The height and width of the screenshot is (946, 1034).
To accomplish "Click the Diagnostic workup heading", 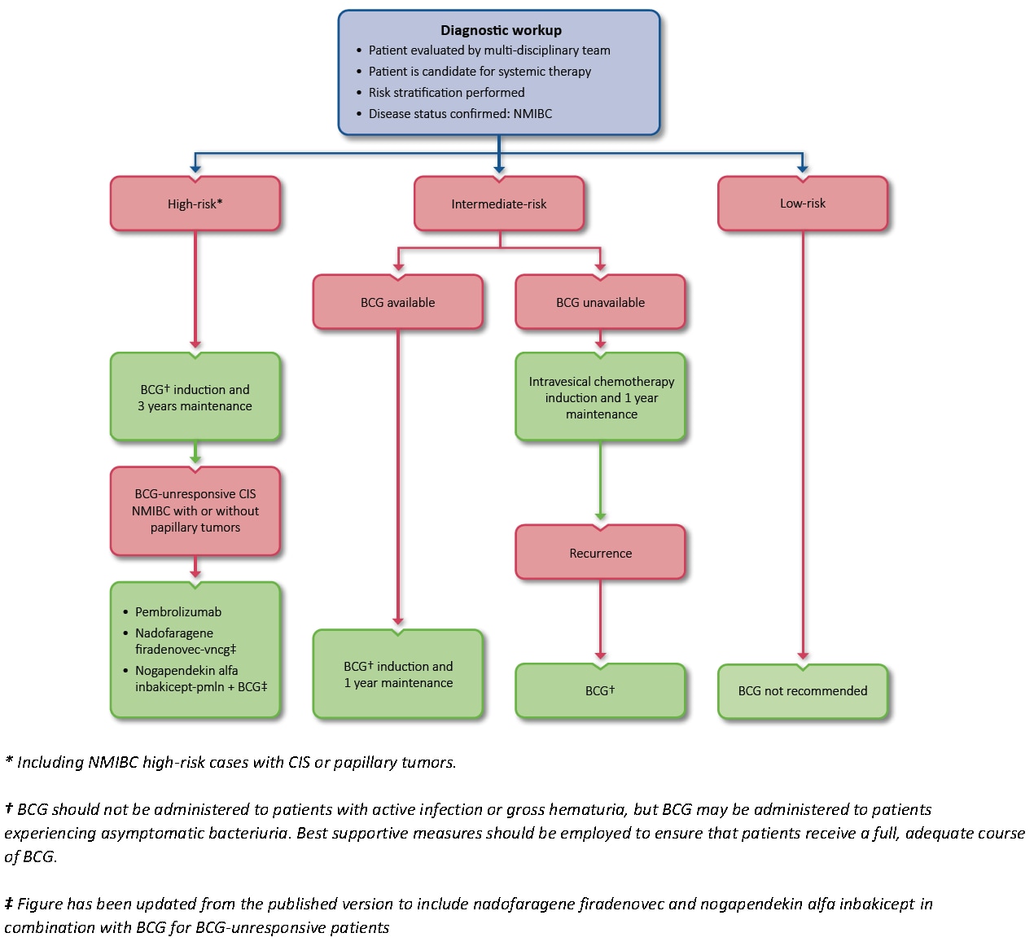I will (501, 30).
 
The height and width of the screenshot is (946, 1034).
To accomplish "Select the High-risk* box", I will (195, 204).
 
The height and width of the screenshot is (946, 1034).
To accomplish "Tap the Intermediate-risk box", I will (499, 204).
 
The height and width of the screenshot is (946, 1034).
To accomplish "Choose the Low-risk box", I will (803, 204).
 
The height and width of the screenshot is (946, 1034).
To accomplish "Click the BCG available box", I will (397, 302).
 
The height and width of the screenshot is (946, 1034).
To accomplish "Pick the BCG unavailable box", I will (600, 302).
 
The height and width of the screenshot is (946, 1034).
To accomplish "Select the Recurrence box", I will (600, 553).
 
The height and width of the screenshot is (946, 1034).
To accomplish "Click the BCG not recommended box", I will (803, 691).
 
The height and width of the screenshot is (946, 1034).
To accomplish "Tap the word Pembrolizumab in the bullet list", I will (178, 612).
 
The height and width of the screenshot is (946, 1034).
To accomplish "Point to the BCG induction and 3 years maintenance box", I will (195, 397).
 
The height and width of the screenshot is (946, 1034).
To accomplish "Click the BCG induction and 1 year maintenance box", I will (397, 674).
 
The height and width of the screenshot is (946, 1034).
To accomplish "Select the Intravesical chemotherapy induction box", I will (601, 397).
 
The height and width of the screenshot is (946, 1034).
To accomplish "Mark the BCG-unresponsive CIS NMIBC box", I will (195, 510).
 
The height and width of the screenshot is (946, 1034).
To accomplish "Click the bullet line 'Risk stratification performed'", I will (446, 93).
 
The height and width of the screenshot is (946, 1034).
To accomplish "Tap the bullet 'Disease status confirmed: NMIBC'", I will (460, 114).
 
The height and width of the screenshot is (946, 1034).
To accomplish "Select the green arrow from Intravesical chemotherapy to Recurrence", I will (601, 480).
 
